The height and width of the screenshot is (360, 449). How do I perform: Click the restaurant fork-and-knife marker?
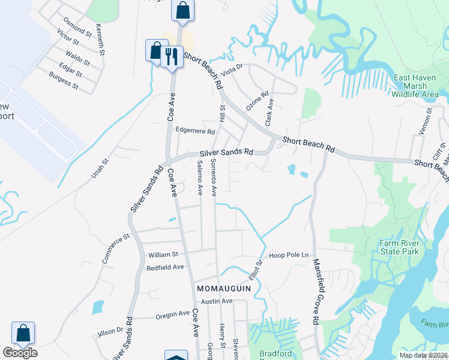tap(172, 56)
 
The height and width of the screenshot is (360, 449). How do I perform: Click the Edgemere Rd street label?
tap(194, 131)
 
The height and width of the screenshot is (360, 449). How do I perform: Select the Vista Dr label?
tap(231, 70)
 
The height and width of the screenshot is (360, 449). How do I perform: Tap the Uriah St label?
tap(99, 170)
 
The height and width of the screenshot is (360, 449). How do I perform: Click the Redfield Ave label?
tap(164, 267)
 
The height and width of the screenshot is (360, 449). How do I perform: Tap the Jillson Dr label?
tap(110, 331)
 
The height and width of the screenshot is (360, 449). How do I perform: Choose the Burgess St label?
tap(64, 80)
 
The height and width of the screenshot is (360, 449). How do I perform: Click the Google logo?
tap(20, 353)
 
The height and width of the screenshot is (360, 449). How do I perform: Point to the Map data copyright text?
tap(423, 355)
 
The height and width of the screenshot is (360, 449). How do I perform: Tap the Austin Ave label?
tap(216, 301)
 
